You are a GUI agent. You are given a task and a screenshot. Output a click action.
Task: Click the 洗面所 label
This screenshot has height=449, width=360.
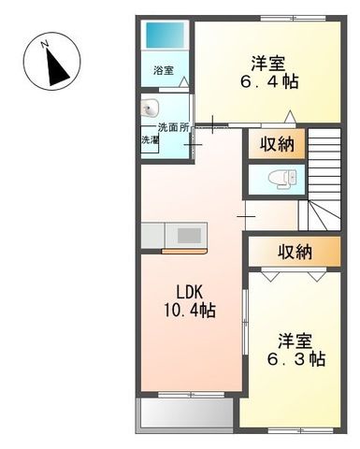click(173, 127)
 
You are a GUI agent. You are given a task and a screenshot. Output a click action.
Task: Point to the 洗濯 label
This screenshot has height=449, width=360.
click(150, 140)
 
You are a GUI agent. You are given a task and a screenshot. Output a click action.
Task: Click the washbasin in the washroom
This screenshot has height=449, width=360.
click(152, 107)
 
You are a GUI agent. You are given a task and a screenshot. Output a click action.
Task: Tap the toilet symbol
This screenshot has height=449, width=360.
click(281, 177)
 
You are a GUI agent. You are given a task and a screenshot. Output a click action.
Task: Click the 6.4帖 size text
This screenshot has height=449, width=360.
click(268, 82)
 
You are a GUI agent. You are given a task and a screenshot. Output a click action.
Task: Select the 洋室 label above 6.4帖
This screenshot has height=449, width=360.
click(268, 63)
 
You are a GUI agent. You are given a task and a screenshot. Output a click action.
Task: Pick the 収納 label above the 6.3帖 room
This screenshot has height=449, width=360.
click(294, 251)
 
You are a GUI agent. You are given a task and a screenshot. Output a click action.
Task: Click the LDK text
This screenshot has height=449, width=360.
click(191, 289)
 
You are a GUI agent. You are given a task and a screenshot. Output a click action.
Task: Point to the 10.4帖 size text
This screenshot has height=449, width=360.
click(191, 310)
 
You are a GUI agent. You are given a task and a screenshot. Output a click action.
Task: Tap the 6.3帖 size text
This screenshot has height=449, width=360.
click(295, 359)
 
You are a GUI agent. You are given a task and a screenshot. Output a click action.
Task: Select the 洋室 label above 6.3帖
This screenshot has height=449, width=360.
click(295, 339)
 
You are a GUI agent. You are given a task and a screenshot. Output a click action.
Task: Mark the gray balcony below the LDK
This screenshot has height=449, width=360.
click(185, 413)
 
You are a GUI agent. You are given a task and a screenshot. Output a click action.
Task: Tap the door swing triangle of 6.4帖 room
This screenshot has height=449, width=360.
click(291, 116)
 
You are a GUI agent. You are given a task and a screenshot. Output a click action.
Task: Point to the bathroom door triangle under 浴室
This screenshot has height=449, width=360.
click(183, 85)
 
